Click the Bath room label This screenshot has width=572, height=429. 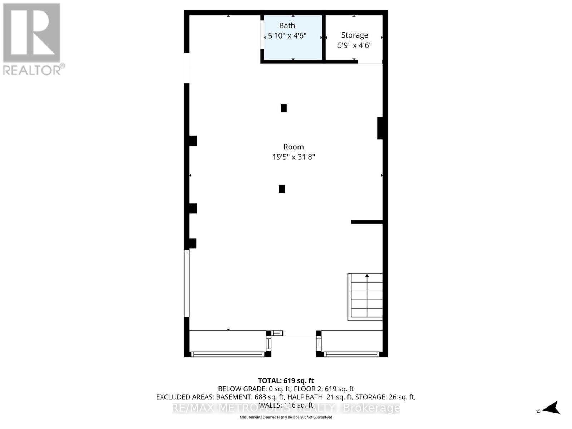(287, 25)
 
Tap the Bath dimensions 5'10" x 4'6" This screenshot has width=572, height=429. (287, 36)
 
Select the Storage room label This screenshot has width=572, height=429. (354, 35)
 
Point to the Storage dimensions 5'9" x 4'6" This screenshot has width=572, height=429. (355, 45)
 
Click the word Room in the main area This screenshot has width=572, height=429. (294, 147)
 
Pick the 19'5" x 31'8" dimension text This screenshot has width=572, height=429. (294, 157)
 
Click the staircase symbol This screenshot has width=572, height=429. (365, 297)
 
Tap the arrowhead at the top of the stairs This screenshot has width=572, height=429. (367, 276)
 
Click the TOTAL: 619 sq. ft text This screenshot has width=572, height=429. (286, 381)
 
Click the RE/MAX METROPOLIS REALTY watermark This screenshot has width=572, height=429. (286, 408)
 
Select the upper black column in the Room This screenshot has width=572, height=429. (283, 108)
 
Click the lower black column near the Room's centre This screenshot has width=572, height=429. (282, 189)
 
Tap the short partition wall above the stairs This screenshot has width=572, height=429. (367, 222)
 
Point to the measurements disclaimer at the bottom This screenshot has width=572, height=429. (286, 417)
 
